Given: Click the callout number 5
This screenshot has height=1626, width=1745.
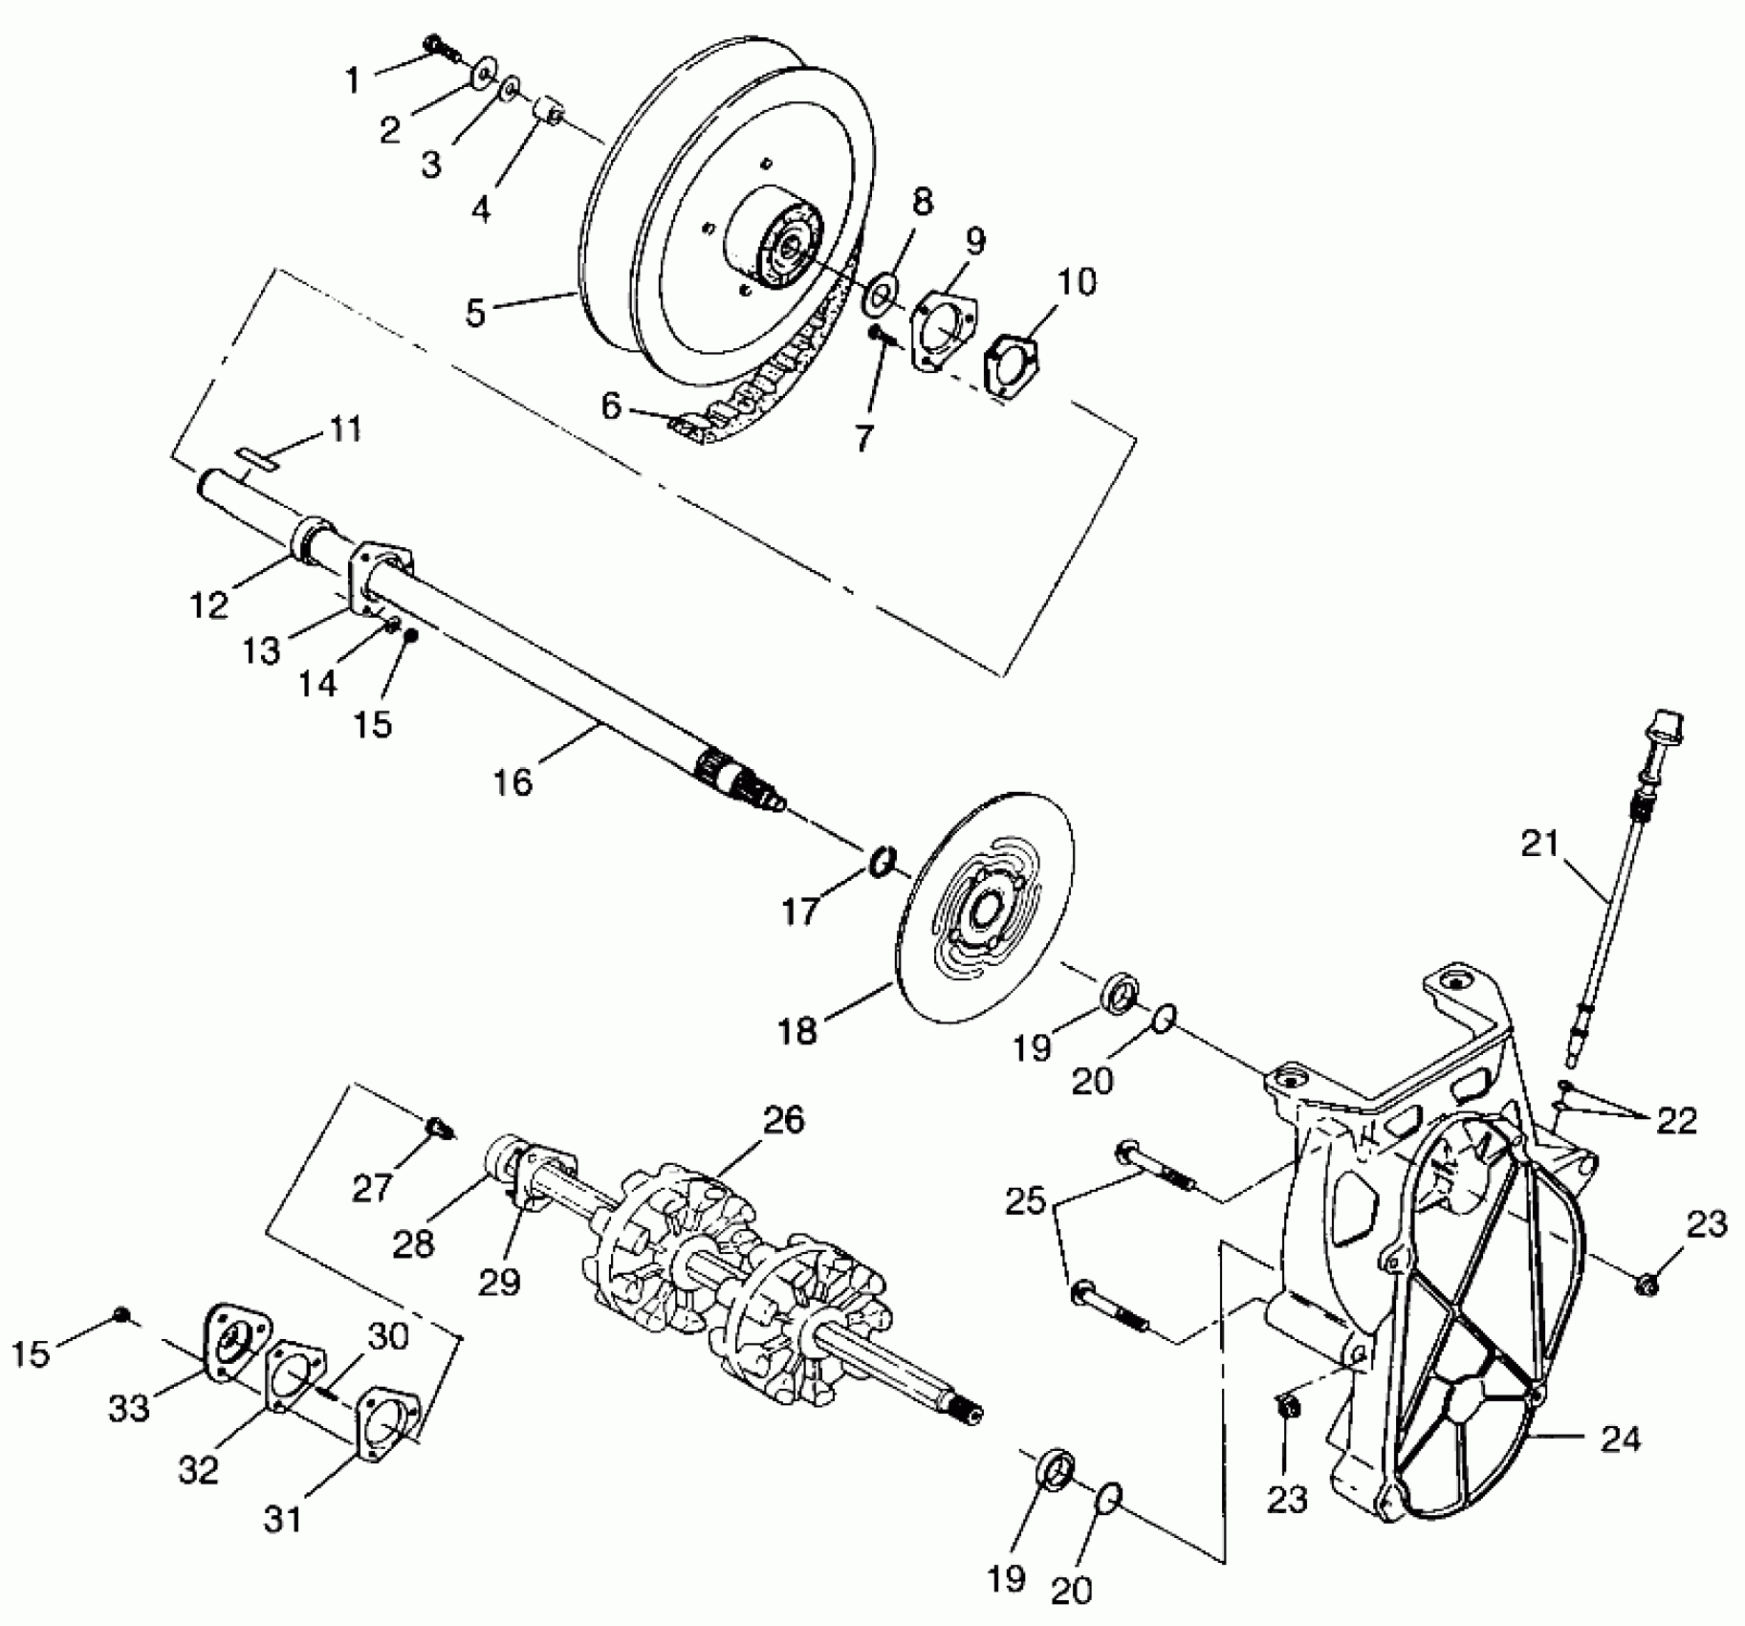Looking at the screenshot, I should pyautogui.click(x=476, y=312).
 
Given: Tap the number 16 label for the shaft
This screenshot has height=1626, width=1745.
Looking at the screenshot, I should pyautogui.click(x=513, y=781).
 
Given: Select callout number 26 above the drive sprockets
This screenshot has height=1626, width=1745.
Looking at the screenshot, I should pyautogui.click(x=784, y=1120).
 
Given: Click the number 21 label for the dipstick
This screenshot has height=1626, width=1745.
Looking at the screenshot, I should pyautogui.click(x=1540, y=845).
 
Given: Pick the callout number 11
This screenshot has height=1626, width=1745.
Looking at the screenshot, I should pyautogui.click(x=345, y=429).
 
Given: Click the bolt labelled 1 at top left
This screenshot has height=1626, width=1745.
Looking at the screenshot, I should pyautogui.click(x=436, y=44).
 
